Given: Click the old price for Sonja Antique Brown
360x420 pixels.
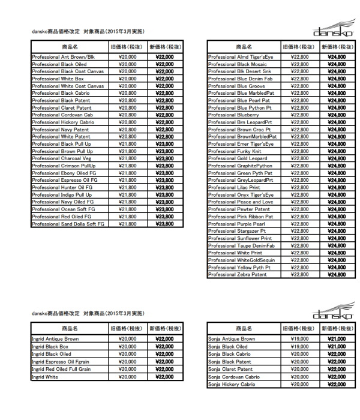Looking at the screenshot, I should click(299, 339).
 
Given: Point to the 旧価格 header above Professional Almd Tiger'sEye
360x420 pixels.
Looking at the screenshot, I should click(299, 46).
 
